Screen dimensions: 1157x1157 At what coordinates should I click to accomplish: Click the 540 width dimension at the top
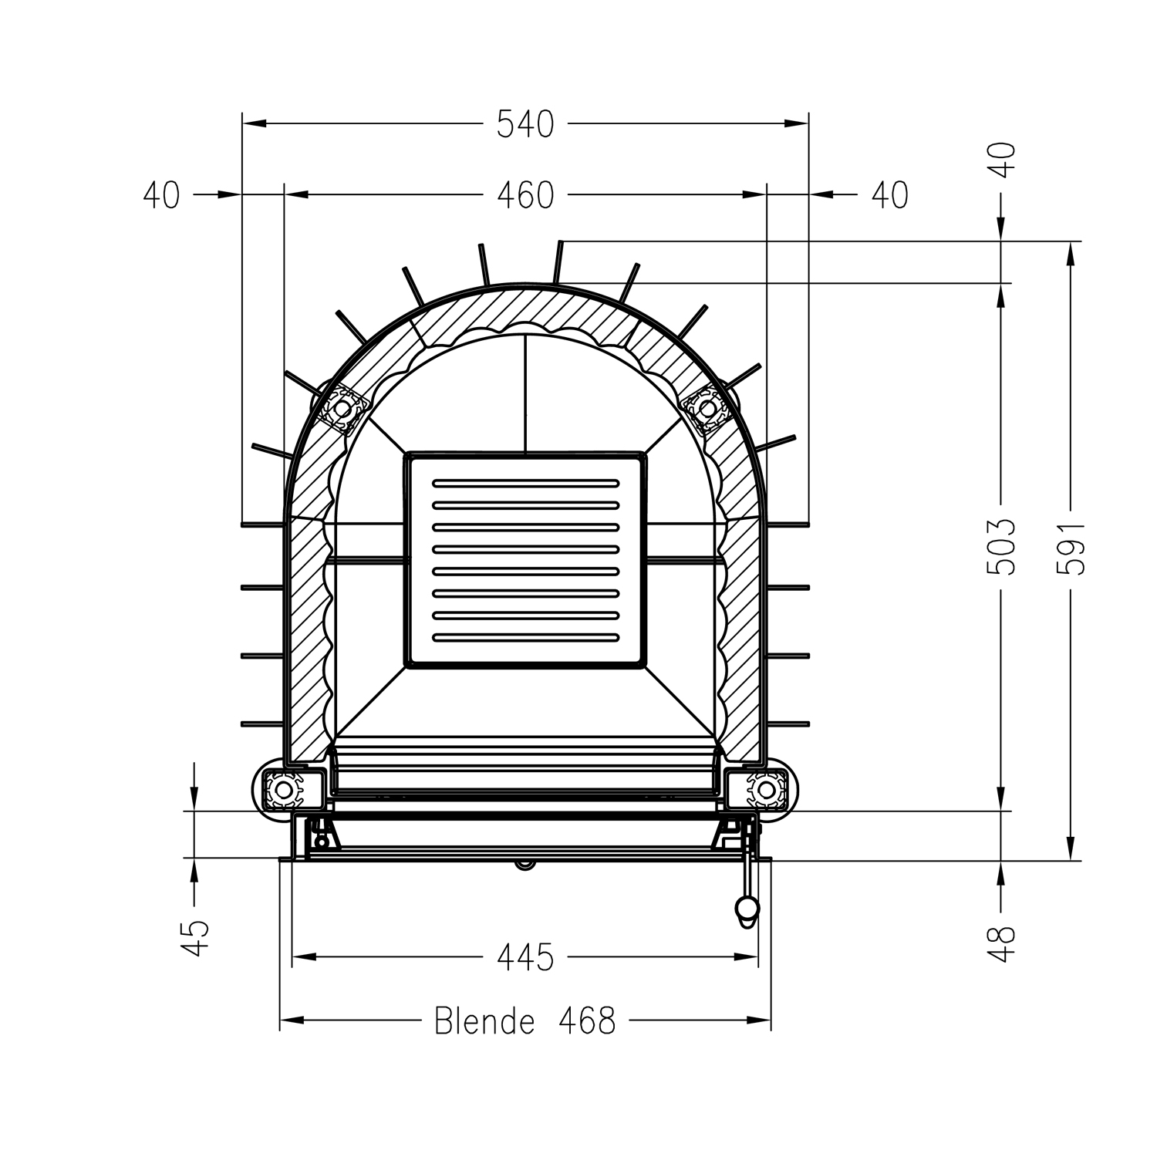point(525,124)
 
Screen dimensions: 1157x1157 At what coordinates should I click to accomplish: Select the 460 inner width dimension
point(525,195)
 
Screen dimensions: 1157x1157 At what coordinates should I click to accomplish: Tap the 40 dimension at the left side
point(161,195)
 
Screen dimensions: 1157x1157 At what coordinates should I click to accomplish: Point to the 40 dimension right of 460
point(889,195)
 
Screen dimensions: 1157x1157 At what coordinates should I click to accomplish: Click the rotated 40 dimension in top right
point(1003,160)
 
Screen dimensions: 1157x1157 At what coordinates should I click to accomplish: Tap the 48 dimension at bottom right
point(1003,943)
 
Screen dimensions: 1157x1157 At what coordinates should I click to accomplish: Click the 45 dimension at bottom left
point(196,937)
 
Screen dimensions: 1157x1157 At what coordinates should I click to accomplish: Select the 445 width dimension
point(525,957)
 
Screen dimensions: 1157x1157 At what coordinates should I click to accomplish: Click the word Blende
point(484,1021)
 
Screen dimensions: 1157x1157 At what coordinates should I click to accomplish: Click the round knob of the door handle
point(747,908)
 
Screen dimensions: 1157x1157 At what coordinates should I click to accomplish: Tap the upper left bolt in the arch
point(340,405)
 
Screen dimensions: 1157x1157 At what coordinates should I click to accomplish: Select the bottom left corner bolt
point(283,789)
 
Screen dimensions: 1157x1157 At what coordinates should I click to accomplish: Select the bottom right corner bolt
point(766,789)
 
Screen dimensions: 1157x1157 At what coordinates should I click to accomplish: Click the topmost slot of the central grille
point(525,483)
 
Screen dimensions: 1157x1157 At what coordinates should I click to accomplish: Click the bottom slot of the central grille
point(525,637)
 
